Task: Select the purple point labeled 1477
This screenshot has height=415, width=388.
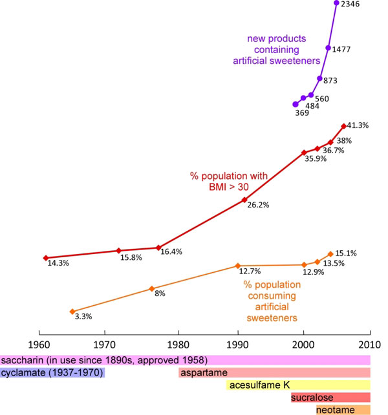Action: [329, 48]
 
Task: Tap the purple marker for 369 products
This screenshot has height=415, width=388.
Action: [296, 104]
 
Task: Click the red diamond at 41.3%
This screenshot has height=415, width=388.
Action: [343, 126]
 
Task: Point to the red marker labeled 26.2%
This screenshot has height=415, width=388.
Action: [244, 200]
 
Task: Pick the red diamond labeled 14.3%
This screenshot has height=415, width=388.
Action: [45, 257]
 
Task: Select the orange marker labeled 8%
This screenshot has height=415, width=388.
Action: [152, 289]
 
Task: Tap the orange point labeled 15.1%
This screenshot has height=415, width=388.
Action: [330, 254]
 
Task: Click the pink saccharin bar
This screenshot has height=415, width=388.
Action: [185, 360]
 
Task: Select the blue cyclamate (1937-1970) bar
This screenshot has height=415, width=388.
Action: [52, 372]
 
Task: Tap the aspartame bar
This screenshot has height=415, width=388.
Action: [274, 372]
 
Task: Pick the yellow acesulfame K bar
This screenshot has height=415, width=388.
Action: [298, 385]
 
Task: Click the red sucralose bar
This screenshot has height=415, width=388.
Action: [330, 398]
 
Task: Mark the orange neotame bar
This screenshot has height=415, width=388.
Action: [343, 410]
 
